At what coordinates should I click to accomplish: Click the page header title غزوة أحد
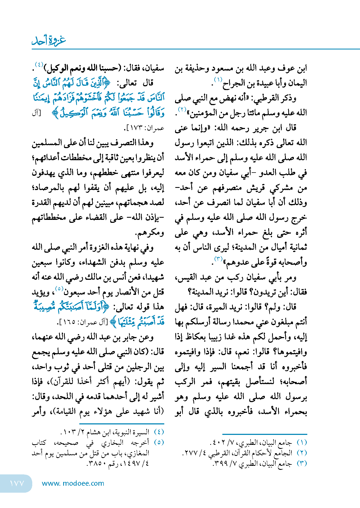pos(49,41)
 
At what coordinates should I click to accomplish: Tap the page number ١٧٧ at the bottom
pos(17,483)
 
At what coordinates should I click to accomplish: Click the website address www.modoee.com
pos(73,483)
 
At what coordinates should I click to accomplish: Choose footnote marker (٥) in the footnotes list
pos(159,442)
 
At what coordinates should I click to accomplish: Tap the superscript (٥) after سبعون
pos(59,289)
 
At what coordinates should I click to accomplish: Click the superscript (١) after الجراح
pos(218,80)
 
